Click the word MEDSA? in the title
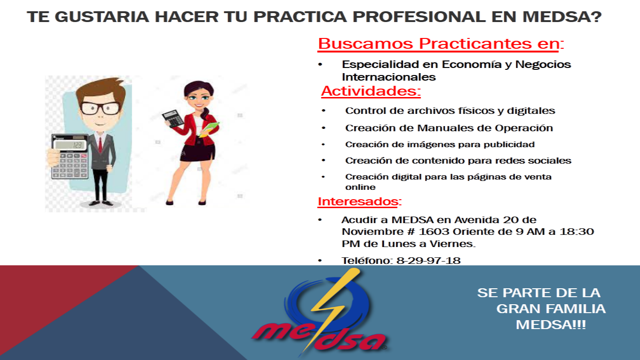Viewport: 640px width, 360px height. click(x=562, y=16)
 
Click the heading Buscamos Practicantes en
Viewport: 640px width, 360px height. click(x=441, y=44)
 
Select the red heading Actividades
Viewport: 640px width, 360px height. click(x=371, y=91)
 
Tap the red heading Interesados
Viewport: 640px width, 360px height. click(x=360, y=202)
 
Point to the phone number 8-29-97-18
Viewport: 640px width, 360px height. click(x=429, y=261)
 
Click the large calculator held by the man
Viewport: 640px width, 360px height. click(x=70, y=157)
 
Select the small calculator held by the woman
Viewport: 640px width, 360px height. click(x=173, y=118)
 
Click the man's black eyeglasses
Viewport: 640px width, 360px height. click(x=100, y=108)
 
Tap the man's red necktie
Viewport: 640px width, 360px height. click(x=100, y=144)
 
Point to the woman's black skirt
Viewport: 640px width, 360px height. click(x=198, y=153)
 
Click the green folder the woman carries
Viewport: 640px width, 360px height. click(x=210, y=128)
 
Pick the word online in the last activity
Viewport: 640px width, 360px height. click(x=360, y=187)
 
